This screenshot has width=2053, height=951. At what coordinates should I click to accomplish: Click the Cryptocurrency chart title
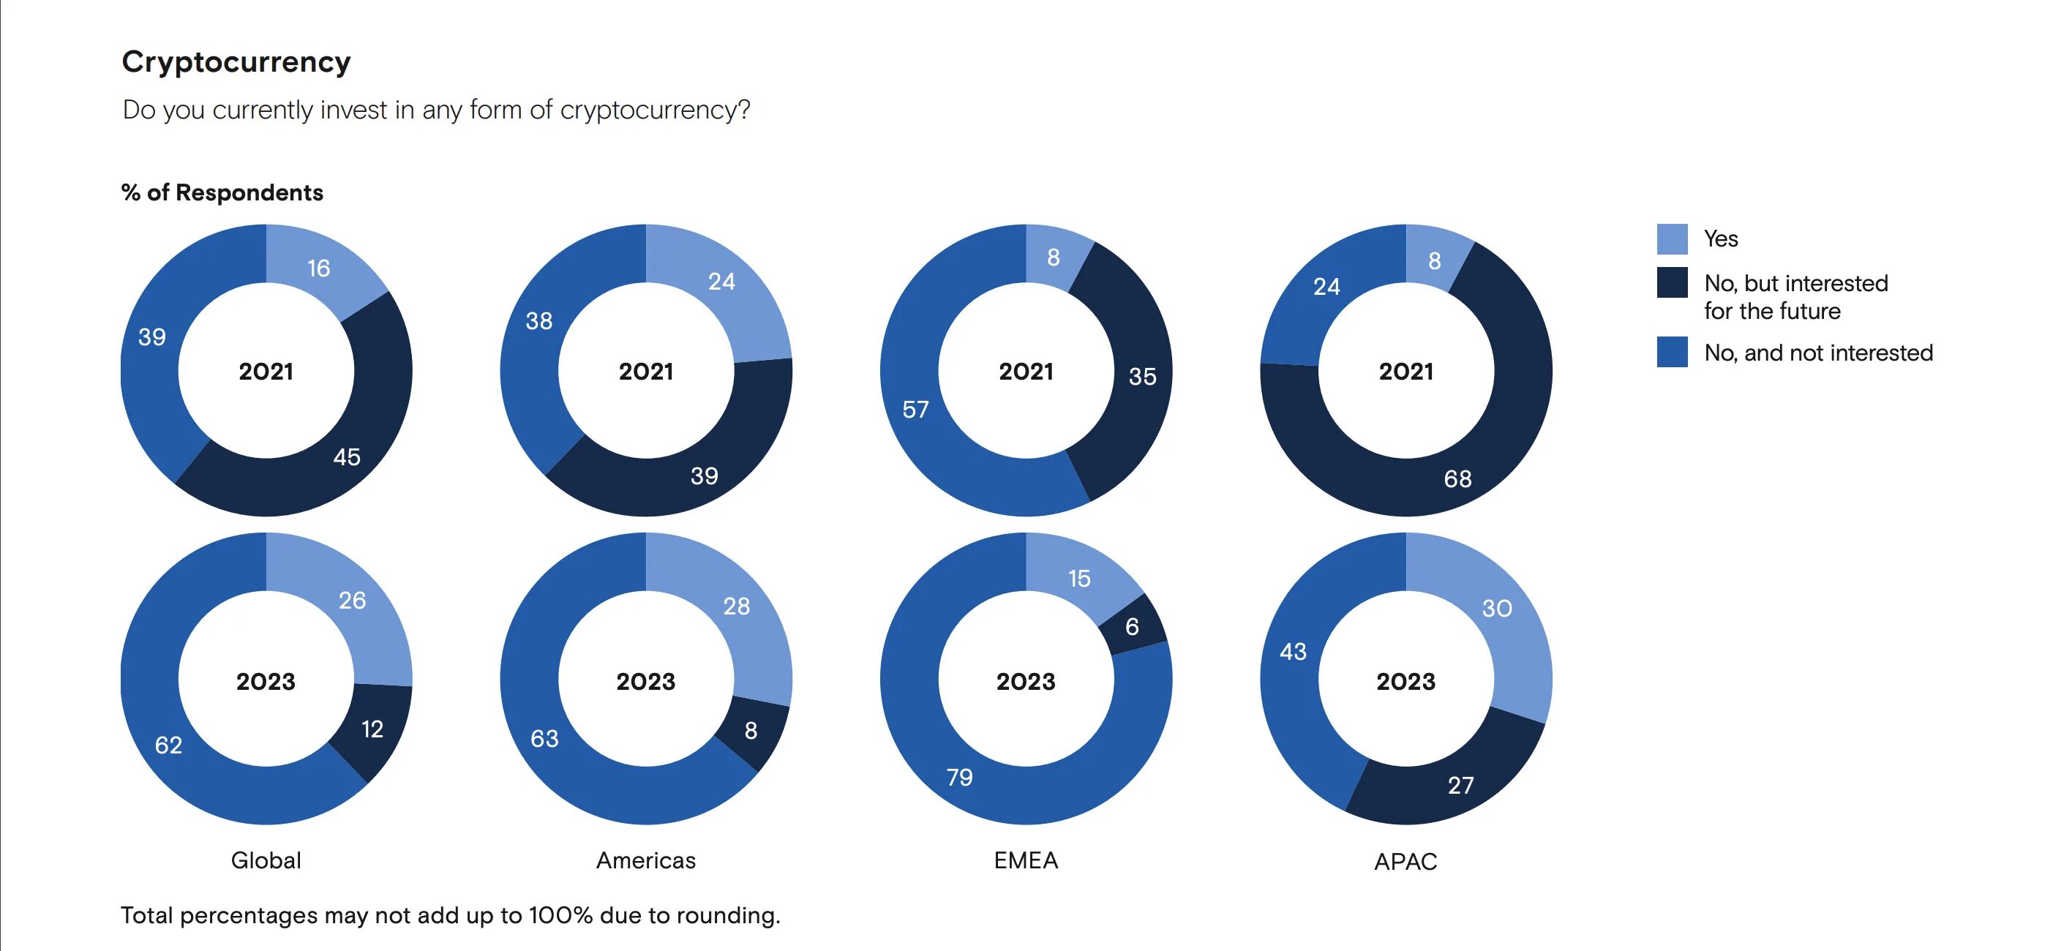point(236,62)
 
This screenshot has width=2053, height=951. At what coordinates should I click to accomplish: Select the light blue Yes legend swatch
point(1671,239)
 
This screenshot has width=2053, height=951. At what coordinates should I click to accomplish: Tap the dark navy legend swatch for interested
point(1671,282)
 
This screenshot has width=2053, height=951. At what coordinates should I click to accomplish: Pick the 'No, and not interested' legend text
point(1818,353)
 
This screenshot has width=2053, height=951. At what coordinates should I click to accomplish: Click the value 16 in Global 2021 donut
point(319,268)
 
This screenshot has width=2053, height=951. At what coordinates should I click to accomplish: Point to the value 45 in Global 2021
point(347,456)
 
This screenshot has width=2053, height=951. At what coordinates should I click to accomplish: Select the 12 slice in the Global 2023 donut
point(372,729)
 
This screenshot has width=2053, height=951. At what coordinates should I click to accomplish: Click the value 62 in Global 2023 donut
point(168,745)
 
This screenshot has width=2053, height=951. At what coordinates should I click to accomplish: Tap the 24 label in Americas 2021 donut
point(721,282)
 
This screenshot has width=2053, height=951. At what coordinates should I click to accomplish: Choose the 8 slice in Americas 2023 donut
point(751,730)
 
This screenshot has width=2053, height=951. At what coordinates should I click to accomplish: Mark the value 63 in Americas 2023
point(544,738)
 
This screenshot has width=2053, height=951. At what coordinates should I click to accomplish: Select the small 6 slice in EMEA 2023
point(1132,626)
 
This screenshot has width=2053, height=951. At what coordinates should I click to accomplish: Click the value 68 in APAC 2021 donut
point(1457,478)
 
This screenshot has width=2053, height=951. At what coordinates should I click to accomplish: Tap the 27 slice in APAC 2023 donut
point(1460,785)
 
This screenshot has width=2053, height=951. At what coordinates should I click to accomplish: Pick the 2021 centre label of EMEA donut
point(1026,372)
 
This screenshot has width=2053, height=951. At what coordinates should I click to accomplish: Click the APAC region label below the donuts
point(1405,861)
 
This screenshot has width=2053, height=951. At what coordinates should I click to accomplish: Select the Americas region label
point(645,860)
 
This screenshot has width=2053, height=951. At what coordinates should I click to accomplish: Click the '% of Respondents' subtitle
point(222,192)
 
